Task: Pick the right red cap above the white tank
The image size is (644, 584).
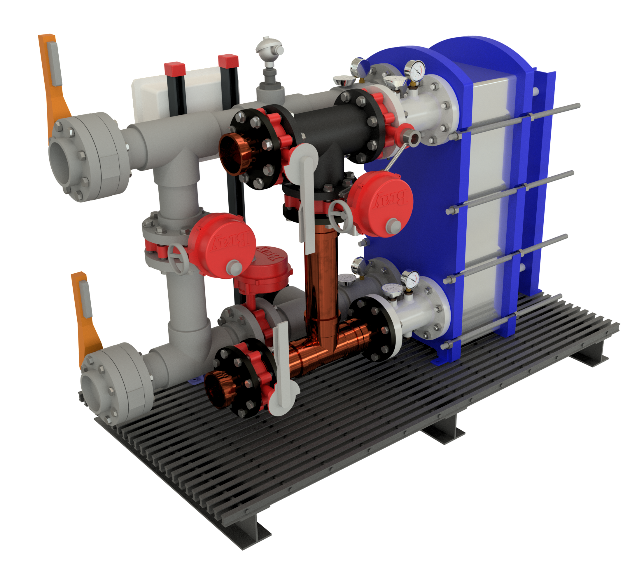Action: (x=228, y=61)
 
